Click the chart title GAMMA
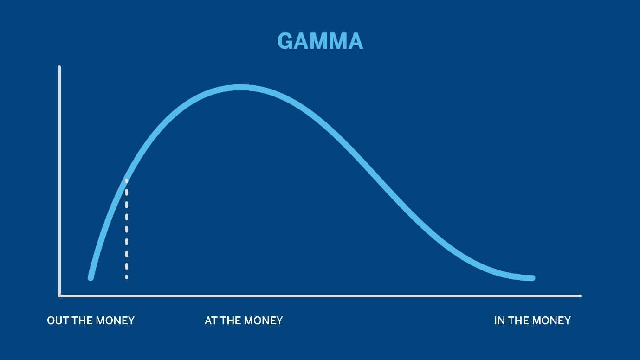(x=320, y=41)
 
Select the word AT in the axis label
(x=211, y=321)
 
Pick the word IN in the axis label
(x=499, y=321)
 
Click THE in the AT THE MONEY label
(x=231, y=321)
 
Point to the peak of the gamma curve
(x=240, y=87)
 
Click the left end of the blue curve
(x=91, y=277)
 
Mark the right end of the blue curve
(x=532, y=278)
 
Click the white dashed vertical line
(x=127, y=230)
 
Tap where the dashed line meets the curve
(x=127, y=180)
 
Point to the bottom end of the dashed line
(x=127, y=277)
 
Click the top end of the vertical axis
(x=59, y=67)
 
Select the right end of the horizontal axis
(x=580, y=296)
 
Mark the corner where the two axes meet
(x=59, y=296)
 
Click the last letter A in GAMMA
(x=354, y=41)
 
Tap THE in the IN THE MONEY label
(x=519, y=321)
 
